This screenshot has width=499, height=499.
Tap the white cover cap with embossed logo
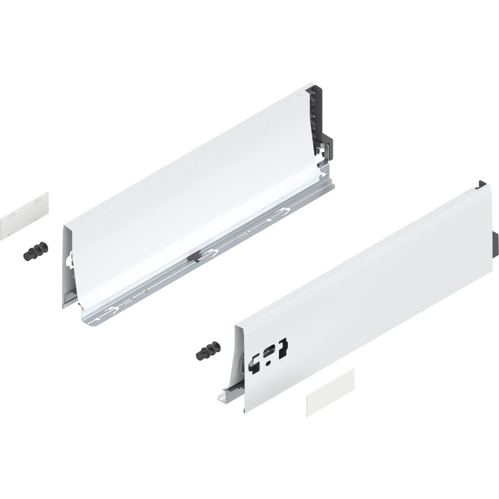click(330, 387)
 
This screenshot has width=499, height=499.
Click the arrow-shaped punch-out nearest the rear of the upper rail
click(285, 210)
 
